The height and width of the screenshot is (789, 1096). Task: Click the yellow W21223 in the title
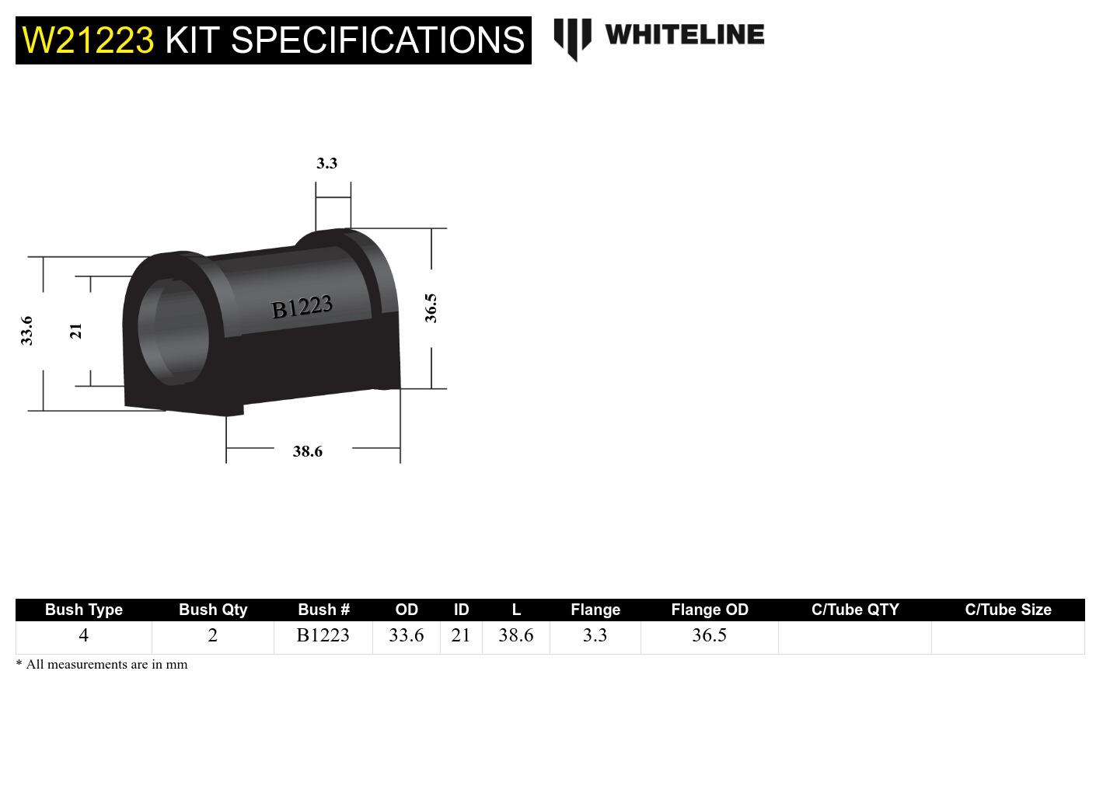point(88,40)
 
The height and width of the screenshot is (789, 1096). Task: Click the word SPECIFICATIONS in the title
point(378,40)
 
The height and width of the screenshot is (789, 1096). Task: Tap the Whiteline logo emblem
point(572,37)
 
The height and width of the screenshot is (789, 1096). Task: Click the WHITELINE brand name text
point(684,35)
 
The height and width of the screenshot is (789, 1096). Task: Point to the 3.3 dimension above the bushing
point(326,163)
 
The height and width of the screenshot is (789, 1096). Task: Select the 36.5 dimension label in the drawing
point(431,308)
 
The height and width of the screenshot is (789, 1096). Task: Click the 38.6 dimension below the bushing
point(307,451)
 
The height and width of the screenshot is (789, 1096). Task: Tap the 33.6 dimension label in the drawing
point(27,330)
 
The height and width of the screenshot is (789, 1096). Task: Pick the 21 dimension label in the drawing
point(75,331)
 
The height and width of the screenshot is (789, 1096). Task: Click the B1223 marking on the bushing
point(302,308)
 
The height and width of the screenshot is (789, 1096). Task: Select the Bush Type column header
point(83,610)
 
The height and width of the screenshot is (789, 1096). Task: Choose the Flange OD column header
point(709,610)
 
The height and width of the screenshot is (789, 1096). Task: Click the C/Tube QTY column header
point(854,610)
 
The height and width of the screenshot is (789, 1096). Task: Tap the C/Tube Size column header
point(1007,610)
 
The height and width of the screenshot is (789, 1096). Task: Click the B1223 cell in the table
point(323,635)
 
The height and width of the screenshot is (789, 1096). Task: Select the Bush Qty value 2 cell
point(212,635)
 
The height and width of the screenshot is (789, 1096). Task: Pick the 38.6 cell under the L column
point(515,635)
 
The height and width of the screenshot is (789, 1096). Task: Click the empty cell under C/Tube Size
point(1007,637)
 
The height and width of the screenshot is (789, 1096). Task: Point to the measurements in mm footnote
point(102,664)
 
